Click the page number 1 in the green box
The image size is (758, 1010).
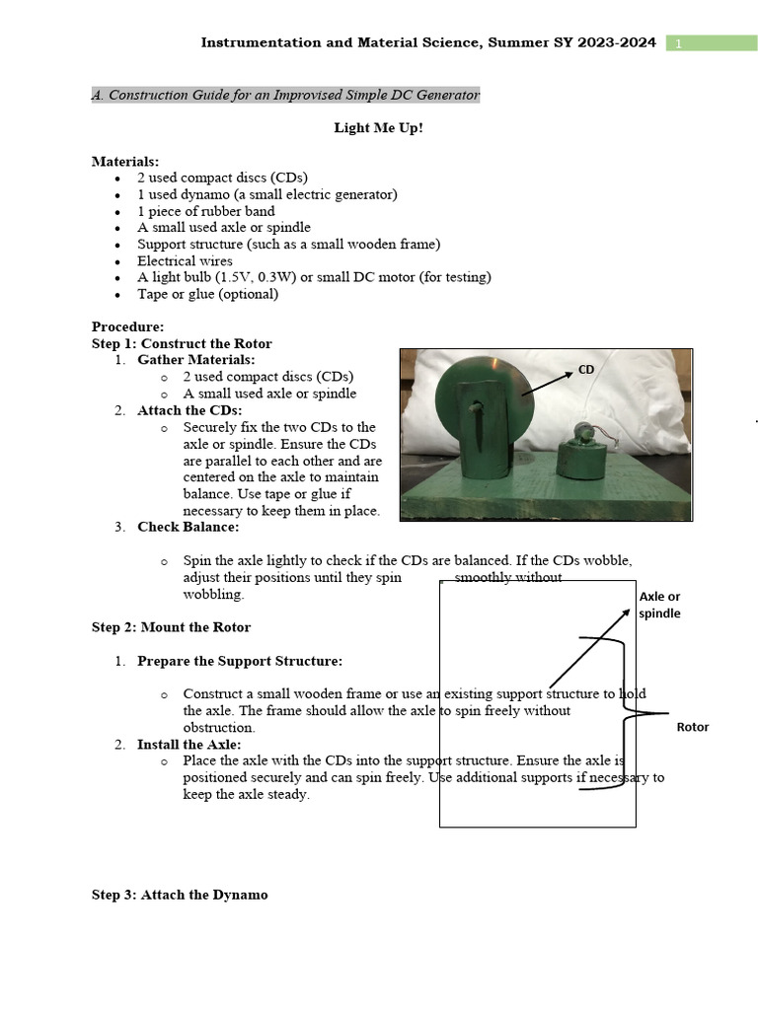point(679,43)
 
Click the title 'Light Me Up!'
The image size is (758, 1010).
point(378,128)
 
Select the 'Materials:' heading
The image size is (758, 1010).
point(125,161)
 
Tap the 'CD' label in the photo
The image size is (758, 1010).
point(586,370)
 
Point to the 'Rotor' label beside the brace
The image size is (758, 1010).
point(692,727)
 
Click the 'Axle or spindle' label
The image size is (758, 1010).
point(659,605)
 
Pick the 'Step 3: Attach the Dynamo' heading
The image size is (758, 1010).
point(180,895)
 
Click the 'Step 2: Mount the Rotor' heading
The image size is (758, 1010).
point(171,627)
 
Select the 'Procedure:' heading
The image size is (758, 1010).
point(128,326)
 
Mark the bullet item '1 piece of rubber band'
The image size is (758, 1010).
point(205,211)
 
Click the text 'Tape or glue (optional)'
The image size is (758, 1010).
point(207,294)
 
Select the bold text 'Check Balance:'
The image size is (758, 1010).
point(188,527)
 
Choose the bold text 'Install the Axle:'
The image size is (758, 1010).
point(189,745)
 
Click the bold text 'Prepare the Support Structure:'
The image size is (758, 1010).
point(240,661)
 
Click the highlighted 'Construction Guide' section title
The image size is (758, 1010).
point(285,95)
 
